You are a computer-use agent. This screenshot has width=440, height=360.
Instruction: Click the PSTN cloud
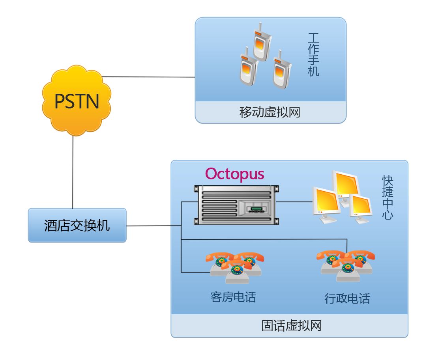point(77,101)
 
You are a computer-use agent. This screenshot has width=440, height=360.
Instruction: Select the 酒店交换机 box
point(77,225)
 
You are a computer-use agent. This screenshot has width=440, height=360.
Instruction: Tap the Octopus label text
point(234,174)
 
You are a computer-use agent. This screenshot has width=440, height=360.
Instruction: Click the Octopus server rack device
point(236,205)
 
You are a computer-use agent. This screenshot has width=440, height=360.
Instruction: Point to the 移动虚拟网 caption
point(270,112)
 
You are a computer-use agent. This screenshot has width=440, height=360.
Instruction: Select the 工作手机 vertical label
point(313,55)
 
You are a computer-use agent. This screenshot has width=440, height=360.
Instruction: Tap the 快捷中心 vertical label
point(388,197)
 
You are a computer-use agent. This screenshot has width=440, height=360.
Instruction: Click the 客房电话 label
point(233,297)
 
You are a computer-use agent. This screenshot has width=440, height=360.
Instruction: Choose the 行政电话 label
point(347,298)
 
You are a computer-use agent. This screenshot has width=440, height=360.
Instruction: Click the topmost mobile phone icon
point(261,43)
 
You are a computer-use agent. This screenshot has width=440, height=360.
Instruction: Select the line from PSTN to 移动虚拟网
point(148,77)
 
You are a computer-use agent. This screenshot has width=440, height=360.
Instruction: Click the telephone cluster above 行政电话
point(346,265)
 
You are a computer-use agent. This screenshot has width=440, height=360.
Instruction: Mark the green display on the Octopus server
point(257,208)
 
